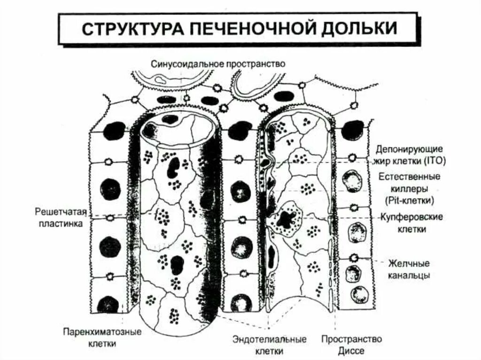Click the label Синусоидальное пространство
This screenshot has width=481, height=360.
click(x=218, y=64)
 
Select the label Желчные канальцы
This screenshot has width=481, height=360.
click(x=408, y=269)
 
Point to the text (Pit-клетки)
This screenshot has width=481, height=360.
click(x=408, y=200)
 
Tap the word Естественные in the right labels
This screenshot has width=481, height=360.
click(x=409, y=177)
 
